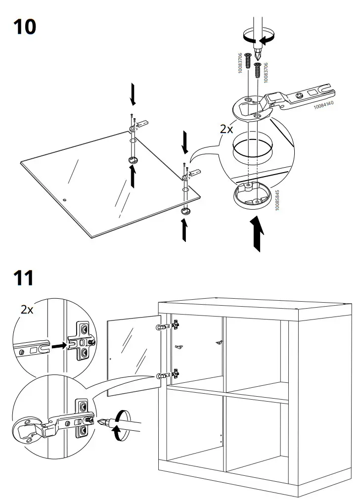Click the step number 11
[x=23, y=278]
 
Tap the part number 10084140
[x=323, y=105]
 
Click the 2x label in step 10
[x=227, y=130]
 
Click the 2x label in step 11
[x=27, y=310]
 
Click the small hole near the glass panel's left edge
[x=64, y=200]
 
